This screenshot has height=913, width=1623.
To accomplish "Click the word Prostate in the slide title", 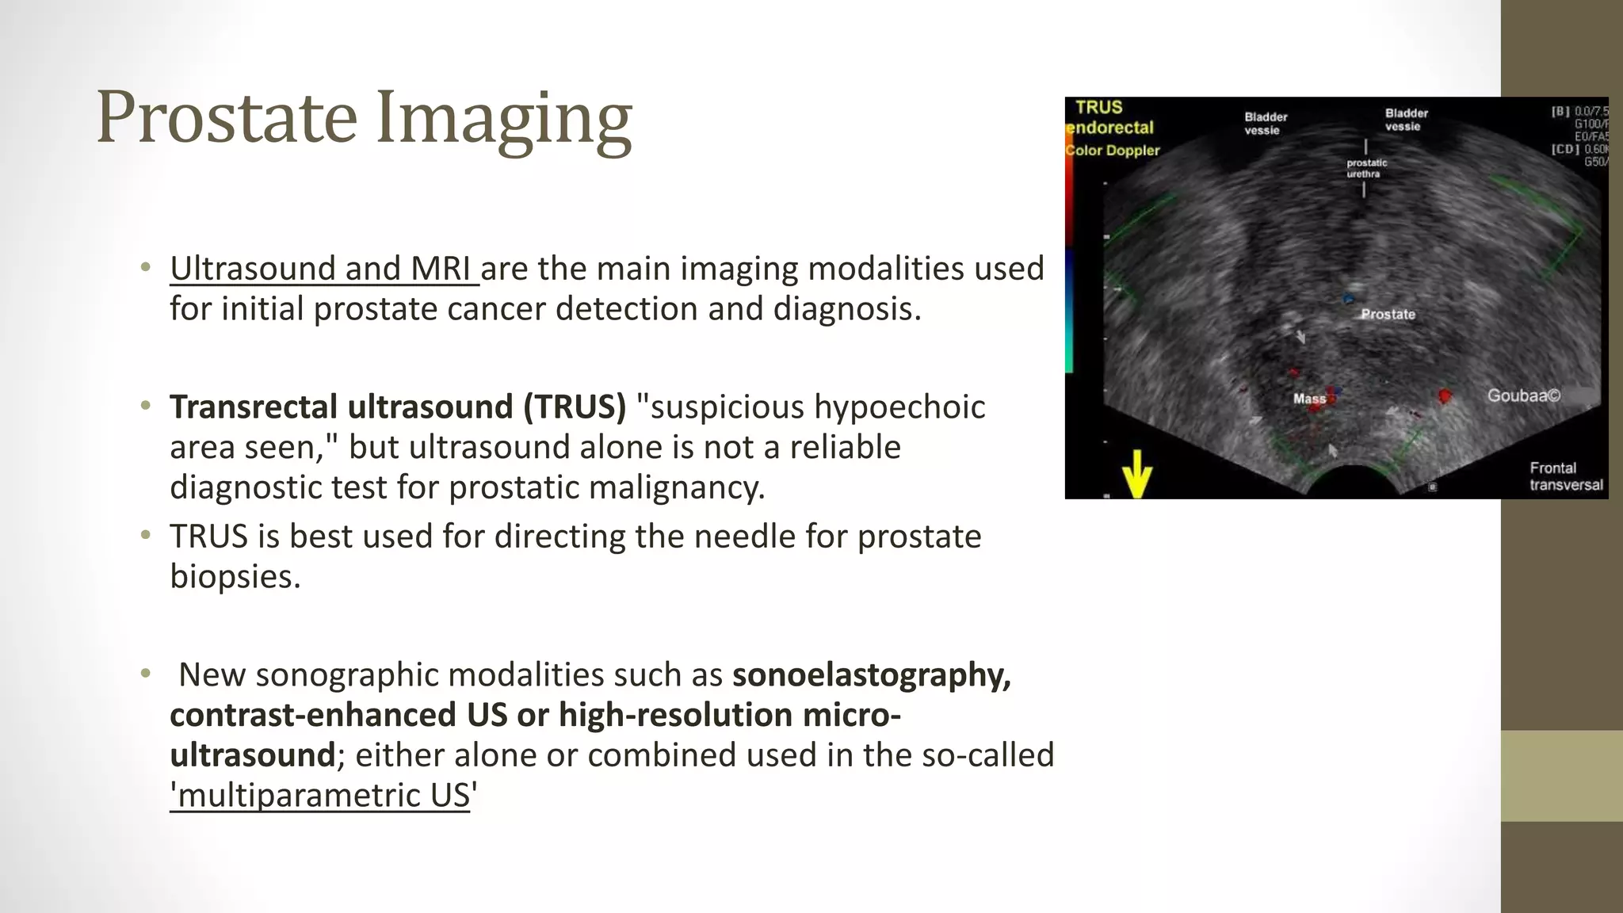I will pyautogui.click(x=227, y=117).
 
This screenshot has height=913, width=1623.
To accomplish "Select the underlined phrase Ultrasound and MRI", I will pyautogui.click(x=323, y=269).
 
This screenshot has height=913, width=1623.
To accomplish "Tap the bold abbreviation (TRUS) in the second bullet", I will pyautogui.click(x=574, y=407).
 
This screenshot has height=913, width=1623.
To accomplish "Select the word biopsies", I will pyautogui.click(x=235, y=576).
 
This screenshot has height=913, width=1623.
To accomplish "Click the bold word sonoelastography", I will pyautogui.click(x=871, y=674).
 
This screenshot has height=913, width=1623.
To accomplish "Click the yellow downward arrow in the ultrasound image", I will pyautogui.click(x=1137, y=474).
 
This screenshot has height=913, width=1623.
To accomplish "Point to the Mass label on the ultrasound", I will pyautogui.click(x=1309, y=399).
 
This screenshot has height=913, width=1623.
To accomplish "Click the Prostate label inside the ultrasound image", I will pyautogui.click(x=1388, y=314).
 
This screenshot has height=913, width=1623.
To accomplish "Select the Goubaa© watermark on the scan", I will pyautogui.click(x=1523, y=395).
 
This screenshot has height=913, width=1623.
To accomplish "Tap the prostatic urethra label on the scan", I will pyautogui.click(x=1367, y=168).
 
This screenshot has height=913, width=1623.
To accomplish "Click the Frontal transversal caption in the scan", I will pyautogui.click(x=1565, y=476).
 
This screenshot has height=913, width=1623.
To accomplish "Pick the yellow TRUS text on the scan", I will pyautogui.click(x=1098, y=107).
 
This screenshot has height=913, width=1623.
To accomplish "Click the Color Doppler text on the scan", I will pyautogui.click(x=1113, y=151).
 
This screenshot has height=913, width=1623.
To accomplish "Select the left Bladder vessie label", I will pyautogui.click(x=1265, y=124).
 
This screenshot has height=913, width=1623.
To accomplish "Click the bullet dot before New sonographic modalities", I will pyautogui.click(x=145, y=674).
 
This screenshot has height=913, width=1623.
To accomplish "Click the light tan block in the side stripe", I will pyautogui.click(x=1561, y=776).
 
